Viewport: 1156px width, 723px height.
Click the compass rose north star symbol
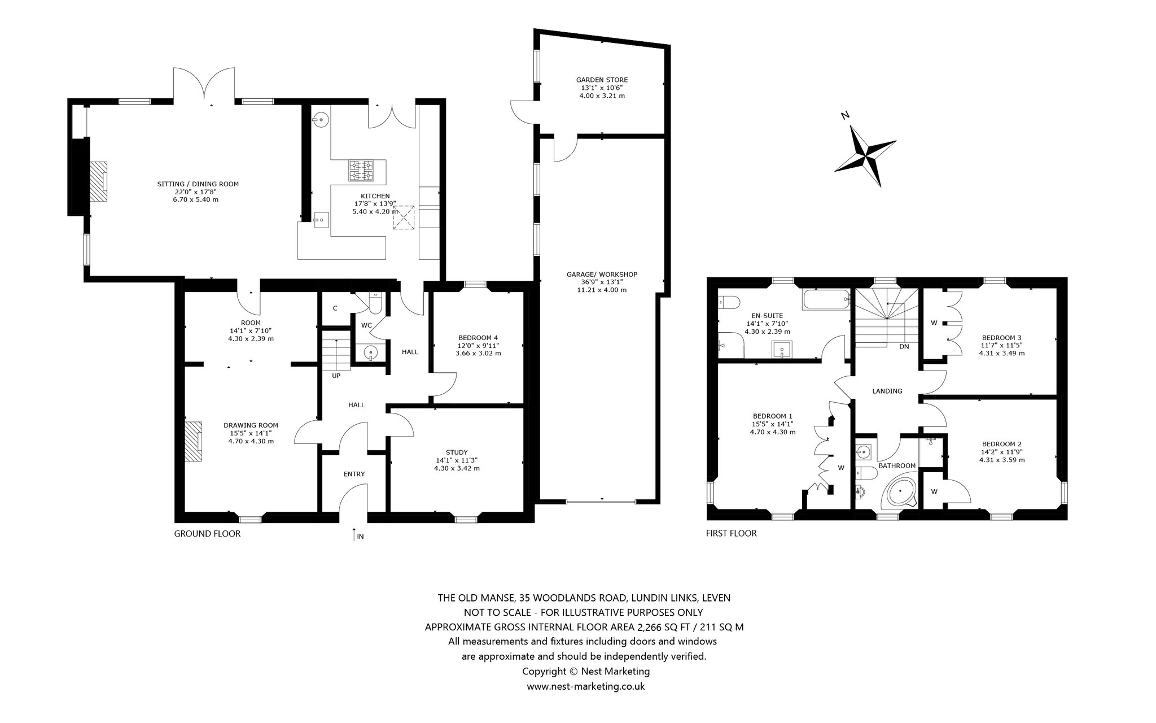(x=865, y=155)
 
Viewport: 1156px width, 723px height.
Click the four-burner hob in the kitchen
(x=362, y=171)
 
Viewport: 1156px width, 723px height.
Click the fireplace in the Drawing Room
(x=194, y=441)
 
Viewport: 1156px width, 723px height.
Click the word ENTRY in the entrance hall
(x=354, y=474)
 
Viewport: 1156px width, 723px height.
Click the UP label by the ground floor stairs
(x=336, y=376)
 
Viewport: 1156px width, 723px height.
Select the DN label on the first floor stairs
(x=904, y=347)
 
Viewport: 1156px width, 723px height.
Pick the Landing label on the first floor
(x=887, y=391)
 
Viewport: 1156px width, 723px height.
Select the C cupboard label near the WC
(x=335, y=308)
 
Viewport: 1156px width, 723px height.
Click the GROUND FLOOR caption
(x=207, y=534)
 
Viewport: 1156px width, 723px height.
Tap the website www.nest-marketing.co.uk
(x=586, y=687)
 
